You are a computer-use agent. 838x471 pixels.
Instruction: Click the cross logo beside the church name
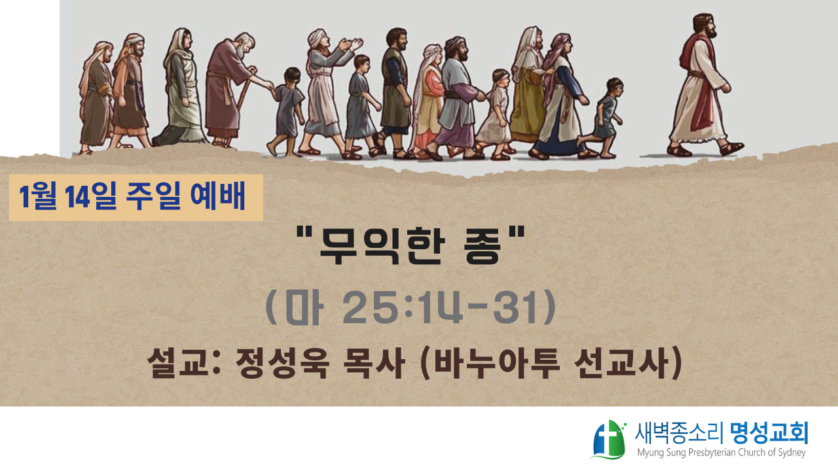[x=609, y=440]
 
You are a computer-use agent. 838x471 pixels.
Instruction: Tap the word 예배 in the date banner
[x=218, y=196]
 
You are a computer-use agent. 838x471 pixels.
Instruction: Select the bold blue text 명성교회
[x=769, y=434]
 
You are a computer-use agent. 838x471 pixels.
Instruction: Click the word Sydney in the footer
[x=792, y=453]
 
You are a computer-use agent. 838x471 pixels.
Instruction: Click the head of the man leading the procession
[x=704, y=26]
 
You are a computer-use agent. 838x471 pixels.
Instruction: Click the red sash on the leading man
[x=703, y=86]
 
